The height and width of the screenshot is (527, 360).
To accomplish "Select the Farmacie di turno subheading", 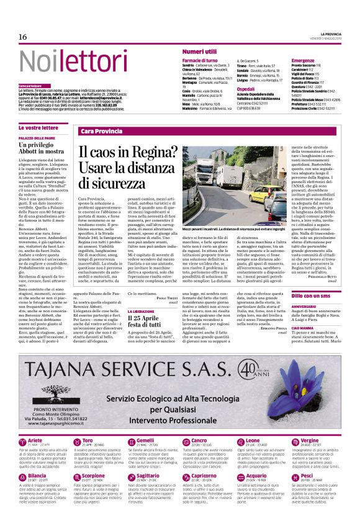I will pos(200,60).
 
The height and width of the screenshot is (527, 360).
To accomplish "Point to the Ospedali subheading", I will pos(245,89).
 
